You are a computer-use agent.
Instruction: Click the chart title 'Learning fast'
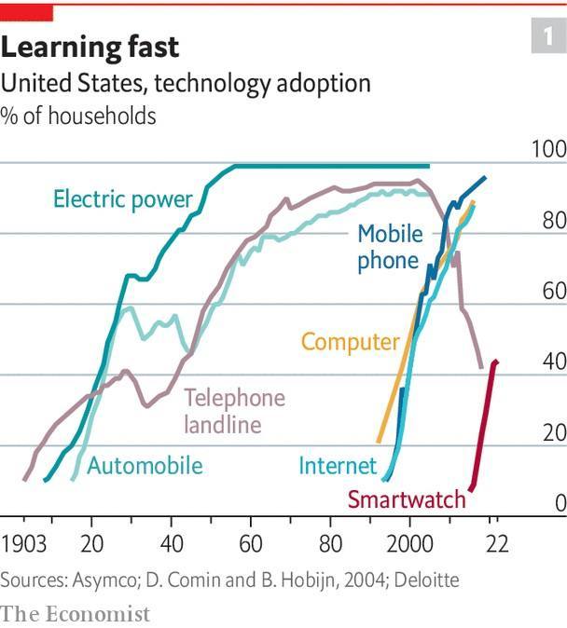90,47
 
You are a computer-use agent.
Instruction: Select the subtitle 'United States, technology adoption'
186,84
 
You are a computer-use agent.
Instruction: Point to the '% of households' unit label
78,116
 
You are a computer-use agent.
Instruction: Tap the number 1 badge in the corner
544,38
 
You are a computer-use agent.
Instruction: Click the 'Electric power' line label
122,198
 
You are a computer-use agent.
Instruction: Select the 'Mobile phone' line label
389,247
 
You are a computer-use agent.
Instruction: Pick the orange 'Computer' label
350,342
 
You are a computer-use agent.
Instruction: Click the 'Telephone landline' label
234,411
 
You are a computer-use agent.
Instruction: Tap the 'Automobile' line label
145,465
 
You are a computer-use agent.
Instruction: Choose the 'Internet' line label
338,465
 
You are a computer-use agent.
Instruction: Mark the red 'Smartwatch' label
406,499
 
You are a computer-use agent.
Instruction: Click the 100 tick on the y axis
548,150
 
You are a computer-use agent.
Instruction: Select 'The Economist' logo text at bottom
75,613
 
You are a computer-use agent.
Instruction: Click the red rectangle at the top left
26,12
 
